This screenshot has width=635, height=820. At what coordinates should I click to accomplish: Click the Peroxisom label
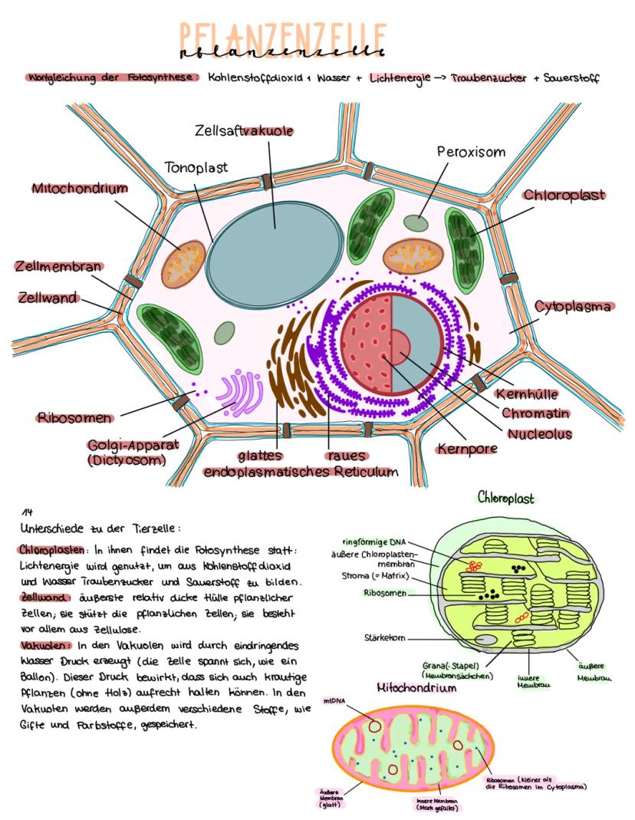pos(472,152)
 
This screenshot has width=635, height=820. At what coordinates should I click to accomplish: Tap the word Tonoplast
pos(196,166)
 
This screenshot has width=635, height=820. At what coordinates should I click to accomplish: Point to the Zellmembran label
pos(58,267)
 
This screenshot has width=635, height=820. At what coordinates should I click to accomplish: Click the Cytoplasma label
pos(573,307)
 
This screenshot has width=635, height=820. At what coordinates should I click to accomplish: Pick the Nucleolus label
pos(539,434)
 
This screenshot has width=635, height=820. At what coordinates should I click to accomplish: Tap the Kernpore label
pos(468,448)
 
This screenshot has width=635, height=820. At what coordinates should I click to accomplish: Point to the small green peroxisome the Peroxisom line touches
pos(417,223)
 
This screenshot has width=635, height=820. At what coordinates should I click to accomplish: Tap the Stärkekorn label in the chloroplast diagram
pos(384,637)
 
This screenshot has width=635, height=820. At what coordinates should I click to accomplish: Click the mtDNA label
pos(333,700)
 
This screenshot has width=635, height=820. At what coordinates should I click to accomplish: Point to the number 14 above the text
pos(27,512)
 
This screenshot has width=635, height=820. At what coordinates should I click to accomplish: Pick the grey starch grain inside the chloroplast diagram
pos(486,639)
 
